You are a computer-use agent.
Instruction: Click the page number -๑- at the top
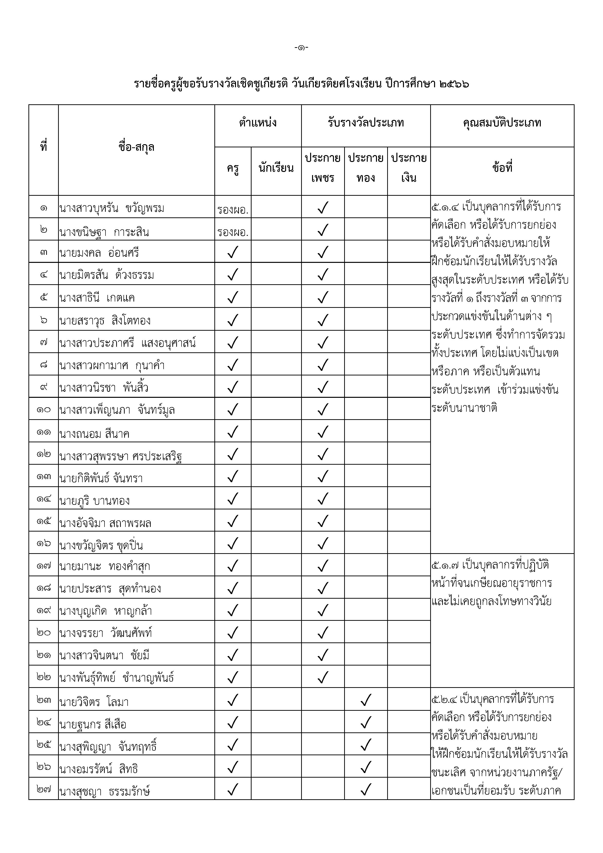(x=301, y=48)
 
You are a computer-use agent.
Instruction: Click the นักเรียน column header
(x=276, y=168)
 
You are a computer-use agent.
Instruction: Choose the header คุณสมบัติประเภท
(x=502, y=123)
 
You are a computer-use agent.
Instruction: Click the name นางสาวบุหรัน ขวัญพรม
(x=111, y=208)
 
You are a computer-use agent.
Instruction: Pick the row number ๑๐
(x=44, y=410)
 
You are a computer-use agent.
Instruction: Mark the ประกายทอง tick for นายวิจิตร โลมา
(x=366, y=700)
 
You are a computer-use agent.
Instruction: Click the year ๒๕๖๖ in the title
(x=454, y=84)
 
